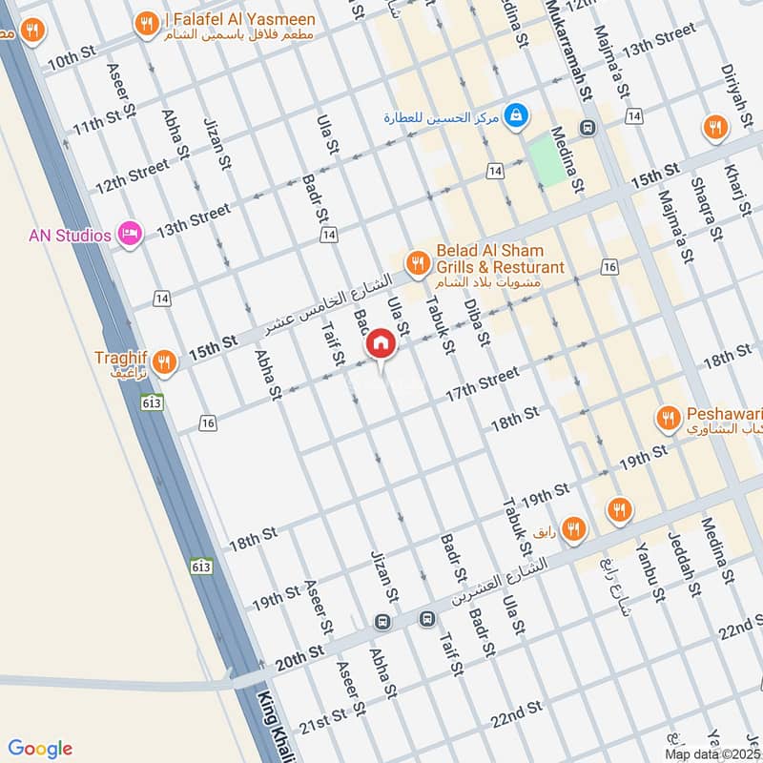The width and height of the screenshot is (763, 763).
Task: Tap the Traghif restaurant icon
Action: point(164,361)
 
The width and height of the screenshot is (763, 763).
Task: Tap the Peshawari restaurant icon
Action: point(668,417)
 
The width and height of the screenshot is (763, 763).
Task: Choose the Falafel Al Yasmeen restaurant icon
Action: point(146,23)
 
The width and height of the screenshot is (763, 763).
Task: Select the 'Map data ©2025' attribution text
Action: point(713,753)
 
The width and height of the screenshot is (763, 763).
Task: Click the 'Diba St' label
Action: point(476,321)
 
